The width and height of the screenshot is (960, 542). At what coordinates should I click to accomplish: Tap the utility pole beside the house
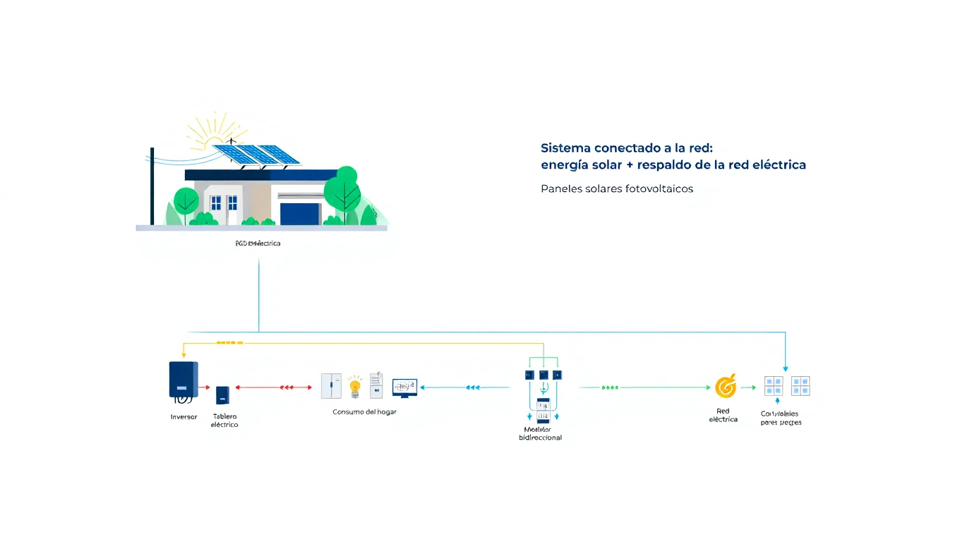[152, 187]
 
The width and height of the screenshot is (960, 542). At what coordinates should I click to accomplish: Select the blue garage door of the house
[300, 214]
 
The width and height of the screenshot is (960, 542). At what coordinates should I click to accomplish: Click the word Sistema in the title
[565, 148]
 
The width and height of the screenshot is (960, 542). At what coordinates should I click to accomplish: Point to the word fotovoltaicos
[659, 189]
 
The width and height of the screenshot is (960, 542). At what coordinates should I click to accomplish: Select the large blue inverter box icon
[184, 380]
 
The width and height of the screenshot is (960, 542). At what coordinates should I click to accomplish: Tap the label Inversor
[184, 417]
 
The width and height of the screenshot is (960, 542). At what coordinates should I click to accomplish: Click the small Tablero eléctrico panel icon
[222, 395]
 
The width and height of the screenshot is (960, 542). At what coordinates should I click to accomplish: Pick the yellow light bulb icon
[355, 386]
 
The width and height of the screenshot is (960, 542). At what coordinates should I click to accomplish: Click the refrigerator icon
[331, 386]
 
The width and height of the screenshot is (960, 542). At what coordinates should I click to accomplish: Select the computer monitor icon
[404, 387]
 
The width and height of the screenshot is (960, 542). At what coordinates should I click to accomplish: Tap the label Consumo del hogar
[364, 411]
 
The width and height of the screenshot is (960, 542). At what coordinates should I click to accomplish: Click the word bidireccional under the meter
[540, 438]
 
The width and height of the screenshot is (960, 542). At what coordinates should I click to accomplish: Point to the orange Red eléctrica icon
[725, 387]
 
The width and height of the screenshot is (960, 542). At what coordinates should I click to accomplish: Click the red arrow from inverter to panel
[205, 387]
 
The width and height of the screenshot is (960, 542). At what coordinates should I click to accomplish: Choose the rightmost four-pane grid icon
[800, 386]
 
